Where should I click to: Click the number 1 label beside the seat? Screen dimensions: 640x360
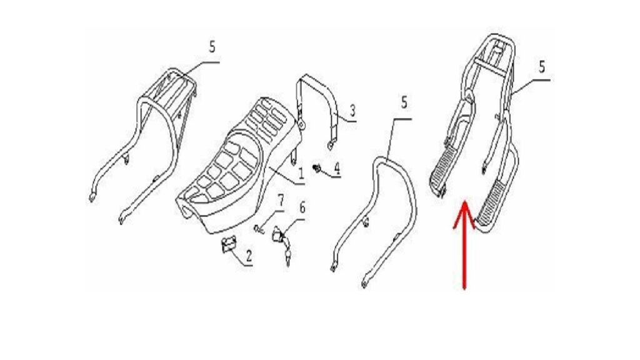301,174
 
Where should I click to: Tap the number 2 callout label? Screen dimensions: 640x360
248,256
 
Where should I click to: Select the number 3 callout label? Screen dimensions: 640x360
352,110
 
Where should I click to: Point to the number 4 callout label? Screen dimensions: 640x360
337,167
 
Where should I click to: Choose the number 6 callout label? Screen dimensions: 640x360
302,207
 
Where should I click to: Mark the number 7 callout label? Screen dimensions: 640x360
281,201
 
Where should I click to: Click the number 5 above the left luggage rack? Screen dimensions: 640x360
212,46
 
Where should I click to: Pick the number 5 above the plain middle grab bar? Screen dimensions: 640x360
404,102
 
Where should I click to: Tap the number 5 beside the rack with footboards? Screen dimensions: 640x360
542,66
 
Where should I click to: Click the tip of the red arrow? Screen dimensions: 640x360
464,201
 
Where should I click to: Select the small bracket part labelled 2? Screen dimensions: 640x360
229,244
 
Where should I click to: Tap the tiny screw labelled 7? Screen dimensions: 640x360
257,229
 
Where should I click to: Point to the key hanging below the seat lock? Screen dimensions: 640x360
287,255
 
